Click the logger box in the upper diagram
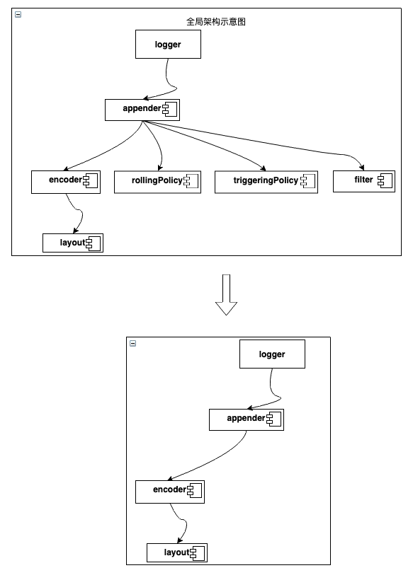pos(168,45)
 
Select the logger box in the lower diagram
pos(272,354)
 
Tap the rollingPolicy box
pos(157,182)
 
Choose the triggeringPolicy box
pos(266,182)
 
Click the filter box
pos(364,181)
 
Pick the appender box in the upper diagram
pos(142,110)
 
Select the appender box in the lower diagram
pos(247,420)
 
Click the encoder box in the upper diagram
pos(66,182)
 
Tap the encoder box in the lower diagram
pos(170,492)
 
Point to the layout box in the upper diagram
pos(73,243)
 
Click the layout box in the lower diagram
pos(177,552)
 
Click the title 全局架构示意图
pos(216,21)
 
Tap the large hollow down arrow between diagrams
pos(226,295)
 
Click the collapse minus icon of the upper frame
pos(18,14)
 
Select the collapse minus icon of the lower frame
pos(133,343)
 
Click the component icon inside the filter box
pos(385,181)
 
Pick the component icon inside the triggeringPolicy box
pos(308,181)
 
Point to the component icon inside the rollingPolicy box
pos(191,181)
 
